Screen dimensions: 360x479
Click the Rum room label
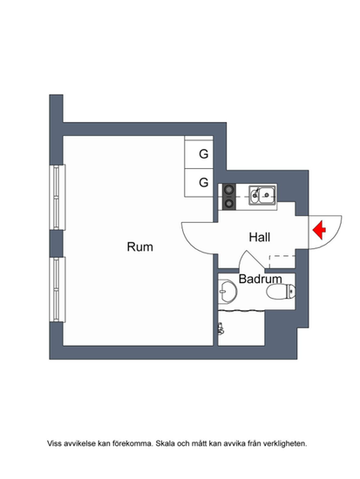click(x=139, y=246)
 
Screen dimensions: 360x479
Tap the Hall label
click(x=260, y=238)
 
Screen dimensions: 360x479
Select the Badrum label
click(x=260, y=279)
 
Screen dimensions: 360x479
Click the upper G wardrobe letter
click(x=204, y=154)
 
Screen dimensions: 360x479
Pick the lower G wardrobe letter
click(x=204, y=182)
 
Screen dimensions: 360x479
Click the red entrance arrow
click(x=319, y=230)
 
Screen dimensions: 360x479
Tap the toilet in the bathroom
click(x=281, y=291)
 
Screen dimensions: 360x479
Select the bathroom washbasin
click(x=228, y=292)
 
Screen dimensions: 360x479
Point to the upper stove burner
click(x=228, y=190)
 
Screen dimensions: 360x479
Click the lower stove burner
click(x=228, y=204)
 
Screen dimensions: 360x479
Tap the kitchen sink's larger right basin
click(x=267, y=195)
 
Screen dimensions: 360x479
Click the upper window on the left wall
click(x=58, y=198)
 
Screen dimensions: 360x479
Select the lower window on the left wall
click(x=58, y=290)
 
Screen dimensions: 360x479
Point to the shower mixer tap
click(x=221, y=329)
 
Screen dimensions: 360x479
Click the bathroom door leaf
click(x=255, y=260)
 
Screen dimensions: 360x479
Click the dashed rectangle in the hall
click(x=282, y=261)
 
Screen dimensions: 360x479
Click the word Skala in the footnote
click(x=164, y=443)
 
